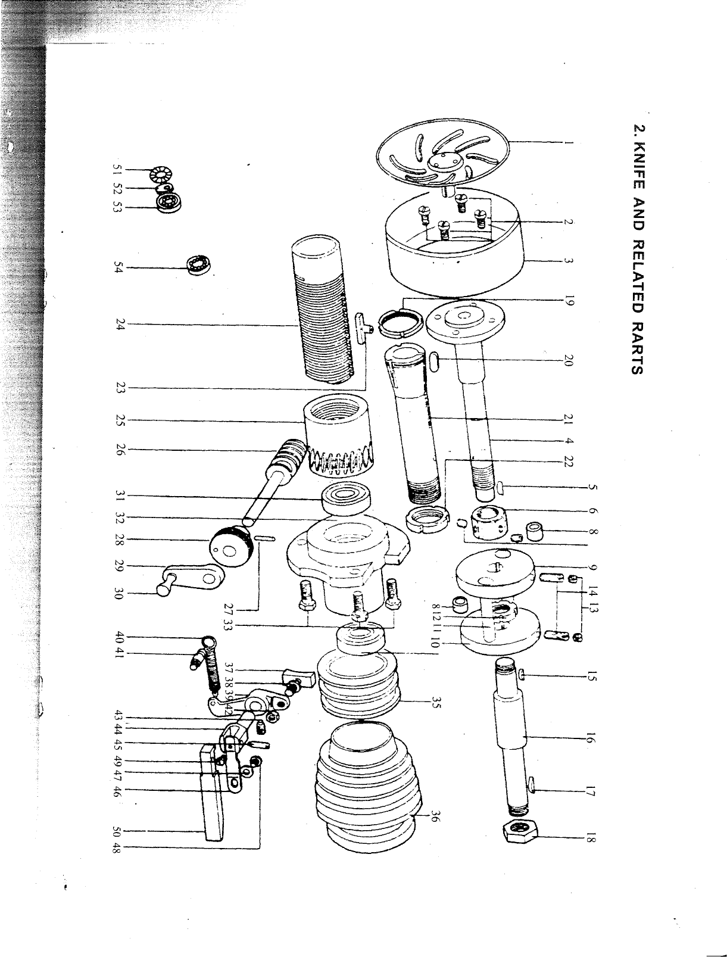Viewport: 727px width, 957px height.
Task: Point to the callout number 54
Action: coord(120,267)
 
